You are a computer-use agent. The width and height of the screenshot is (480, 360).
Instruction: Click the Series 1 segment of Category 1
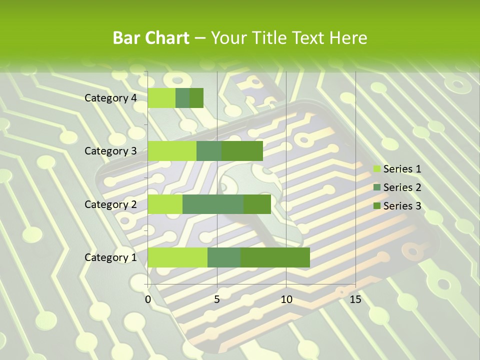click(x=177, y=257)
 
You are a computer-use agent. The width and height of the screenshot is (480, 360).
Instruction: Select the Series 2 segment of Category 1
click(x=224, y=257)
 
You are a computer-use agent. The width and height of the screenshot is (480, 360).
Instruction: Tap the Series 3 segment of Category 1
click(x=275, y=257)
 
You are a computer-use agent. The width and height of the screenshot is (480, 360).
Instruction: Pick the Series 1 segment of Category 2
click(x=165, y=204)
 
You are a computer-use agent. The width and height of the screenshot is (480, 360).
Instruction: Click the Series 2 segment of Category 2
click(x=213, y=204)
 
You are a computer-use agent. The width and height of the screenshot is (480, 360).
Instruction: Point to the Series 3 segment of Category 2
click(x=257, y=204)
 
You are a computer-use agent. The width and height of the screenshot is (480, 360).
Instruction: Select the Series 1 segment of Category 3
click(x=172, y=151)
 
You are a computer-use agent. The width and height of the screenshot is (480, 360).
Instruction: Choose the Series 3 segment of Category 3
click(x=242, y=151)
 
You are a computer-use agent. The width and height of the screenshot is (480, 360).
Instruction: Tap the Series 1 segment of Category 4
click(x=161, y=98)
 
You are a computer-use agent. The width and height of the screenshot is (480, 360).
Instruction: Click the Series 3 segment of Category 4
click(x=196, y=98)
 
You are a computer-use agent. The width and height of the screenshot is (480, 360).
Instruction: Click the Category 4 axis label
click(x=110, y=98)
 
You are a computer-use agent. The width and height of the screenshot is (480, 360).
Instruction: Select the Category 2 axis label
click(x=110, y=204)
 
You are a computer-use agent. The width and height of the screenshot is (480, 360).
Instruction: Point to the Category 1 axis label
click(x=110, y=257)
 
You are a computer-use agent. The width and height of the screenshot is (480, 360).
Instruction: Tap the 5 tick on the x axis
click(x=217, y=299)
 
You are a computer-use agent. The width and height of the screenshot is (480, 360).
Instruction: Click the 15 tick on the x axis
click(x=355, y=299)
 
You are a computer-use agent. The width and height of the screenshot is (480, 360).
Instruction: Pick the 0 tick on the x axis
click(x=148, y=299)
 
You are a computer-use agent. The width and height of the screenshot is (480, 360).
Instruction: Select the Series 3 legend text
click(x=402, y=205)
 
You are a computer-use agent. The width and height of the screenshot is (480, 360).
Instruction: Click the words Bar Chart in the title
click(x=151, y=38)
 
